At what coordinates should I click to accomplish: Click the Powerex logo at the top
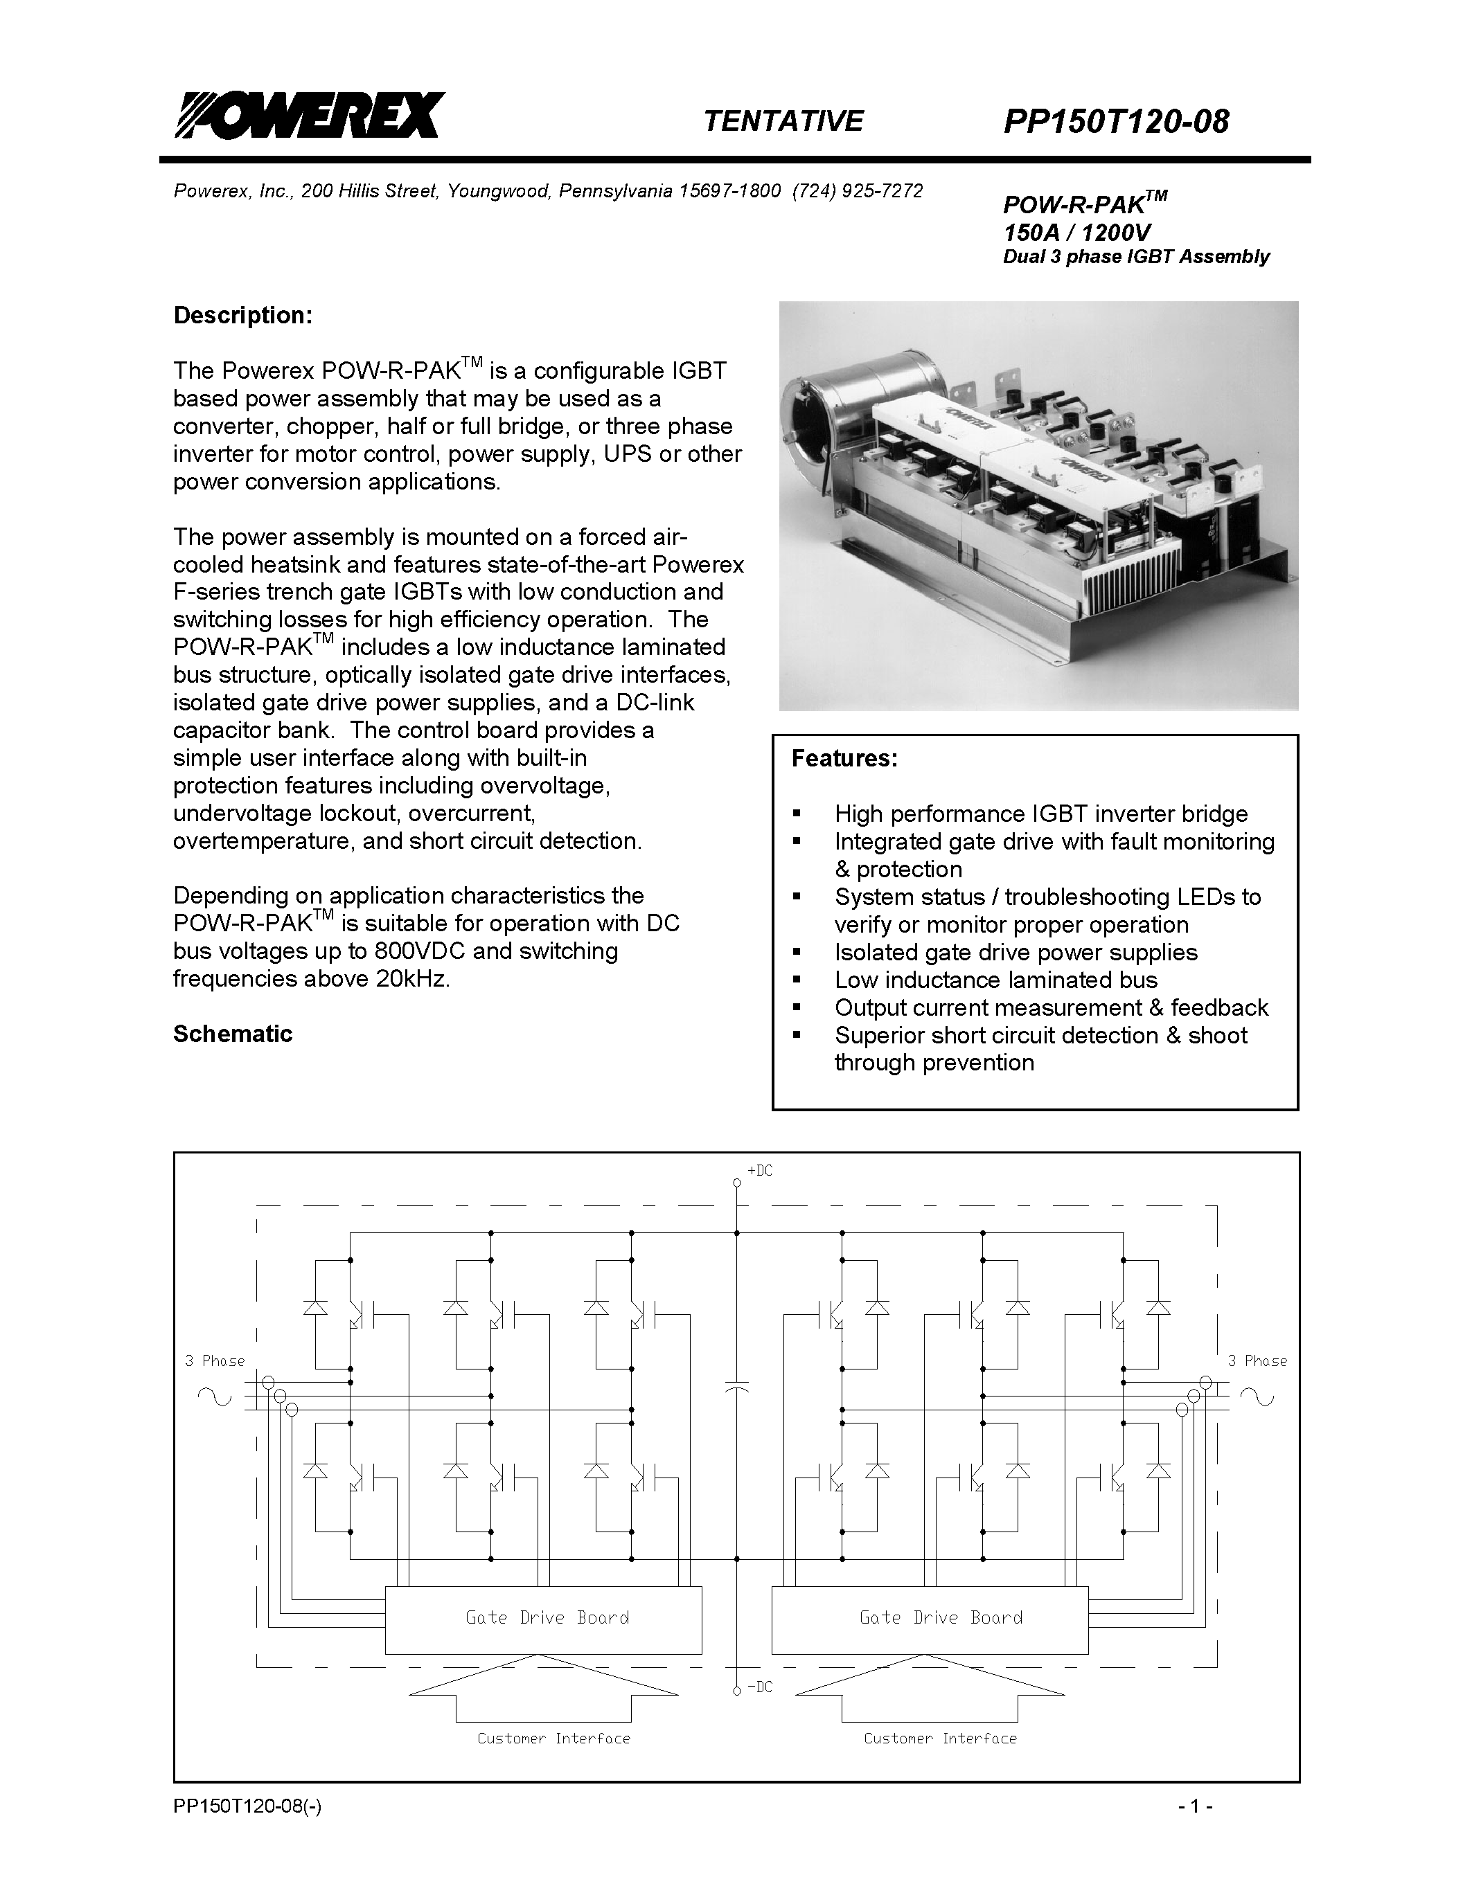point(310,115)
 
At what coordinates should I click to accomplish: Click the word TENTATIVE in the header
point(782,120)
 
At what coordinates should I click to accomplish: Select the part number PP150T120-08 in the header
point(1115,121)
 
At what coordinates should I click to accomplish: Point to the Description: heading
point(242,315)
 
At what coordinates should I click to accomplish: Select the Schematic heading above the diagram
point(232,1034)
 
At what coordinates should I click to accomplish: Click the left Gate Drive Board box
point(543,1620)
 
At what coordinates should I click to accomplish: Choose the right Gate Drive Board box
point(930,1620)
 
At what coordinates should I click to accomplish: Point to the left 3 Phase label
point(215,1361)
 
